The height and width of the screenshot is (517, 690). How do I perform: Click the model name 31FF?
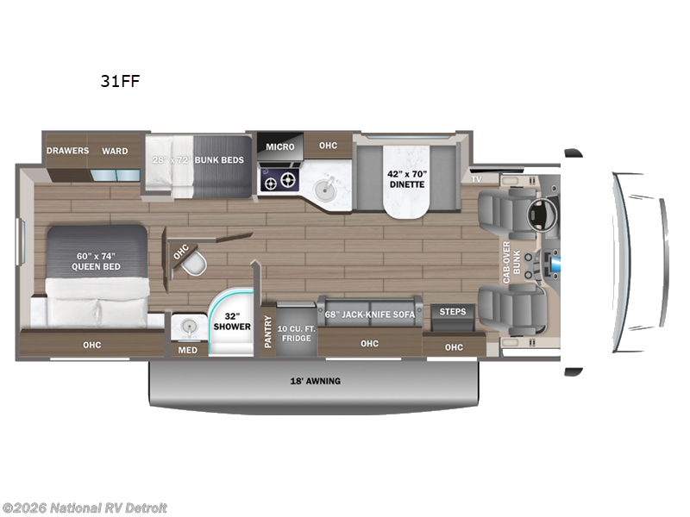click(x=120, y=82)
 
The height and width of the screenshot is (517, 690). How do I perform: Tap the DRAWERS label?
click(x=68, y=151)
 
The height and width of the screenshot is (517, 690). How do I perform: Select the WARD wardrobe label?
click(x=115, y=151)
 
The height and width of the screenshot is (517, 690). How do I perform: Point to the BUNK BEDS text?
click(x=220, y=160)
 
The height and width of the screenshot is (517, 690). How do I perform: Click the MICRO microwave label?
click(x=279, y=146)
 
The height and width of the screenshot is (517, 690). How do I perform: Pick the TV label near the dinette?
click(x=475, y=179)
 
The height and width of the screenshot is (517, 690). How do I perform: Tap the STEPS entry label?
click(x=453, y=311)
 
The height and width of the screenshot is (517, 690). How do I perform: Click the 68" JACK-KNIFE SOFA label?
click(x=370, y=314)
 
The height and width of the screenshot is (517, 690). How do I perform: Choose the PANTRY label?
click(x=267, y=328)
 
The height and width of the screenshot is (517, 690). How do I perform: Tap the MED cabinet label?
click(x=187, y=350)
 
